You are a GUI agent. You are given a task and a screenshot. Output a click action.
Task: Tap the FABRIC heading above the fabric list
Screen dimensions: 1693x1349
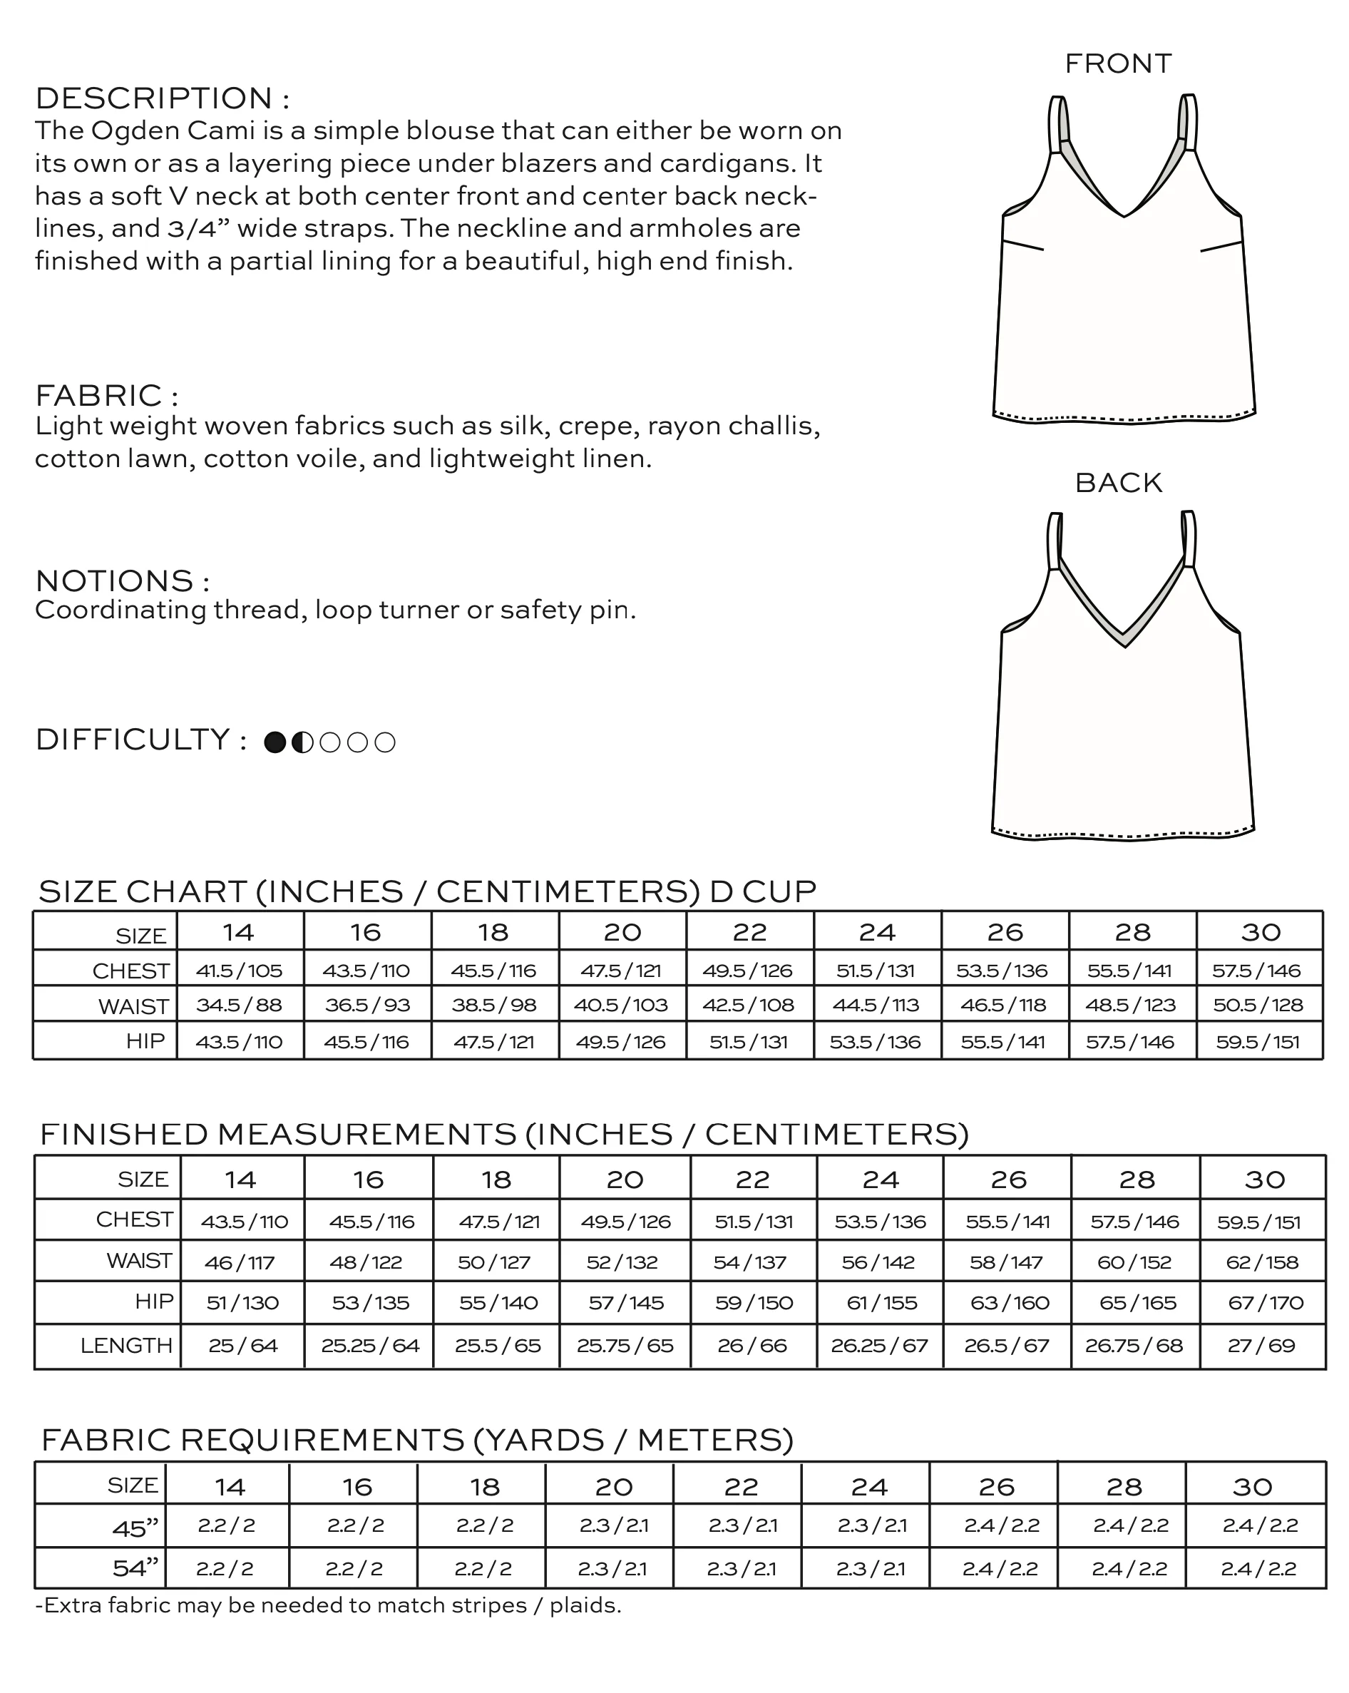106,395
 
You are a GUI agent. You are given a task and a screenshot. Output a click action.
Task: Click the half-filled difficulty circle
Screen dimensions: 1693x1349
302,742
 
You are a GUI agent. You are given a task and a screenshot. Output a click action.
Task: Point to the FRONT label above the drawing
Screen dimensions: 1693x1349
1117,63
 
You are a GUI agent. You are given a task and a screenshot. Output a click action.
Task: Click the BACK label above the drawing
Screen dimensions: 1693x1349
1117,483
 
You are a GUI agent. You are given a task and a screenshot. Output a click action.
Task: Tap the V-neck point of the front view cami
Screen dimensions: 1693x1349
1124,215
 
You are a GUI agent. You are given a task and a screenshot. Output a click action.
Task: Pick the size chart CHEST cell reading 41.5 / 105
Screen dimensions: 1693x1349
240,971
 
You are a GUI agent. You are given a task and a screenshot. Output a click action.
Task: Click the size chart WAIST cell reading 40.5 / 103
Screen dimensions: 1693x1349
621,1005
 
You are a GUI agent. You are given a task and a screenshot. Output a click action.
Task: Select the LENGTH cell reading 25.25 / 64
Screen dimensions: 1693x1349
370,1346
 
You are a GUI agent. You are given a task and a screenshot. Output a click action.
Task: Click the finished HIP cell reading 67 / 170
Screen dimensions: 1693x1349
1265,1303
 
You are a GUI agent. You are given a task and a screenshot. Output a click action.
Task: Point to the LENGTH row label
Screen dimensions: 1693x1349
125,1346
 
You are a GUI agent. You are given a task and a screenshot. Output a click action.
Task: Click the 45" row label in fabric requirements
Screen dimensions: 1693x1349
134,1528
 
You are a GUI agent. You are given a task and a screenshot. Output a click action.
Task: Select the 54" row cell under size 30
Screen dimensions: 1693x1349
1258,1569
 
